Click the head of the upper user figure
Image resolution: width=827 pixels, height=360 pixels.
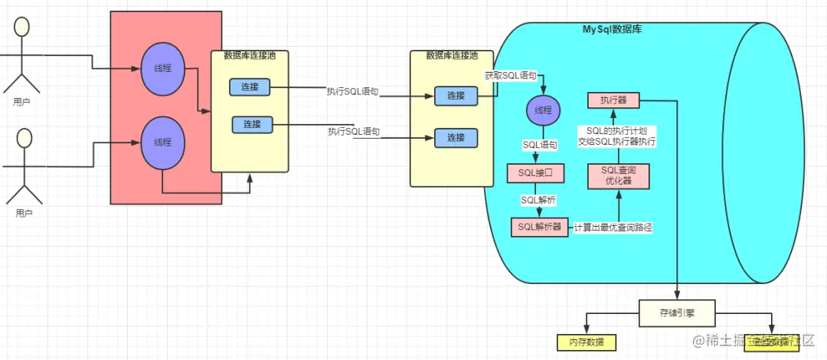point(22,27)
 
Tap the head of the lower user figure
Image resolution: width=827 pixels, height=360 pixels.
point(25,138)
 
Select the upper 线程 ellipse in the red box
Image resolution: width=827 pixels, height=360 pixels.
point(162,68)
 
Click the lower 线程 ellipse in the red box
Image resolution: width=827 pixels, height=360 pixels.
point(162,142)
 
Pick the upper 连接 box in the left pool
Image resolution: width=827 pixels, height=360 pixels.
point(250,87)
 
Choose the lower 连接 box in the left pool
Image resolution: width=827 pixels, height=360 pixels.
point(252,124)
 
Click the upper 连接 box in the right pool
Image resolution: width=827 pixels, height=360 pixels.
point(456,96)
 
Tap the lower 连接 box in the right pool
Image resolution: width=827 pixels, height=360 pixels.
point(456,138)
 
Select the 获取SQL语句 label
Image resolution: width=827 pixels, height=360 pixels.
point(511,76)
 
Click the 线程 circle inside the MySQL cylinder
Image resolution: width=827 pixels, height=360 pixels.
point(543,110)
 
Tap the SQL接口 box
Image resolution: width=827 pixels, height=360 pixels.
point(535,173)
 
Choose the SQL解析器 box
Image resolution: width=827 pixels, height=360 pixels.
point(540,227)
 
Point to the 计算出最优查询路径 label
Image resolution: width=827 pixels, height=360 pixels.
point(613,227)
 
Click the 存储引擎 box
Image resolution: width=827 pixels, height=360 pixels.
point(678,313)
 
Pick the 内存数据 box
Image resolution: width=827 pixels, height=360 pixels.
point(586,342)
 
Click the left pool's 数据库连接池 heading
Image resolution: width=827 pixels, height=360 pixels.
point(250,55)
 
